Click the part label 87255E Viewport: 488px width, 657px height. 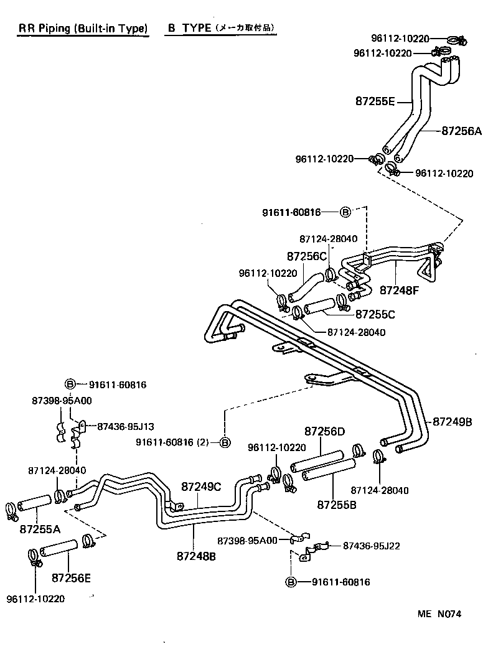tap(375, 101)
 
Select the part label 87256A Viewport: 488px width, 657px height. tap(462, 131)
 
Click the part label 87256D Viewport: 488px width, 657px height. tap(324, 431)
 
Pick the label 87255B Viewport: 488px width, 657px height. tap(337, 504)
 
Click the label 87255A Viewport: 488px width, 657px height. tap(40, 529)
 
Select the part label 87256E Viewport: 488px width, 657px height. tap(71, 577)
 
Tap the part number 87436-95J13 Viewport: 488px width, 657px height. tap(126, 426)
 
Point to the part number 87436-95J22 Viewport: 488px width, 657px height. tap(372, 546)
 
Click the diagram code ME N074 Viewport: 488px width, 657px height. tap(439, 613)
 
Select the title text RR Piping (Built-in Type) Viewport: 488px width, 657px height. tap(83, 29)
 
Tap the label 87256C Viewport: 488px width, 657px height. tap(307, 256)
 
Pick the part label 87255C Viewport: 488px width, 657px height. tap(375, 314)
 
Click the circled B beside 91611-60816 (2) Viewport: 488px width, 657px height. tap(225, 442)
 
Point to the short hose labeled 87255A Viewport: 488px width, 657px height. tap(36, 503)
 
